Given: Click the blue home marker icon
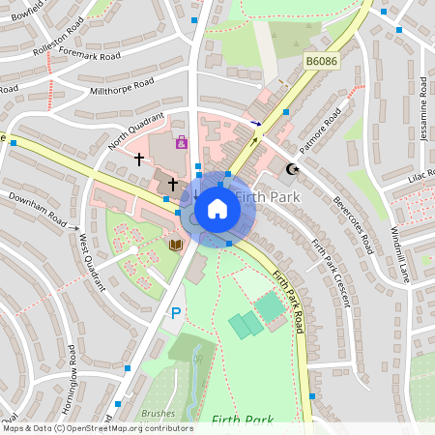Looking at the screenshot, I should [217, 208].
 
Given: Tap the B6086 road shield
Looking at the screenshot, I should [322, 61].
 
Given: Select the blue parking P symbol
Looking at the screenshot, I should [176, 312].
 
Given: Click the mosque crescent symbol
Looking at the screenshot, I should [293, 170].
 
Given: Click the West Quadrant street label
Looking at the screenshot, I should [92, 262].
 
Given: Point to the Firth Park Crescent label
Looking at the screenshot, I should [331, 273].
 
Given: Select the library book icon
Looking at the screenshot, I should [175, 246].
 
